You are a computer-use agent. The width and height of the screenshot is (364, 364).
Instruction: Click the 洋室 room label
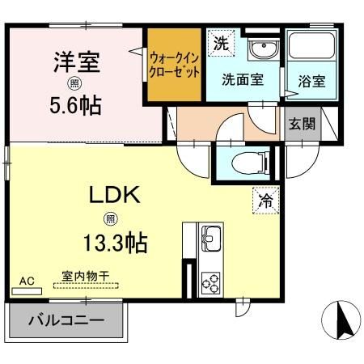77,62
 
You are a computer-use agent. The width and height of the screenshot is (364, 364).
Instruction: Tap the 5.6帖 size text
75,105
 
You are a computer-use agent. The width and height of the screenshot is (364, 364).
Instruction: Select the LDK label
115,195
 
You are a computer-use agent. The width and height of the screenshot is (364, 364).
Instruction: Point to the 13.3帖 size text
116,243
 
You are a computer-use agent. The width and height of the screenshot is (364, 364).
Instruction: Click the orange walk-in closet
175,65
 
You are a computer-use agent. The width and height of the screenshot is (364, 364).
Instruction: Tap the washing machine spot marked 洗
222,43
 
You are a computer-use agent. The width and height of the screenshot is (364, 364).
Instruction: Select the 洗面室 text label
243,79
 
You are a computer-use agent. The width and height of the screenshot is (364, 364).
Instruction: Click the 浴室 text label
312,81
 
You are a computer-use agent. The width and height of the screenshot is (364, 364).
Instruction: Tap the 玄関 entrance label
303,124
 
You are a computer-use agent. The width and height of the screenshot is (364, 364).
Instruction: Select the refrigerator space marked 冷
266,201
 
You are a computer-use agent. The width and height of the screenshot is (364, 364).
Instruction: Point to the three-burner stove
210,283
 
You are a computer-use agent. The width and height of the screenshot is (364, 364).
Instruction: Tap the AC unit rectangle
27,291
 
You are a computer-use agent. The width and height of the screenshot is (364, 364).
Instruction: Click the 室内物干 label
86,276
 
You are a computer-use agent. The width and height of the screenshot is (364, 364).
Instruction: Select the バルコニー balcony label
66,320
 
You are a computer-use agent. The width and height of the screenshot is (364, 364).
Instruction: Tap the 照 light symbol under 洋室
74,84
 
